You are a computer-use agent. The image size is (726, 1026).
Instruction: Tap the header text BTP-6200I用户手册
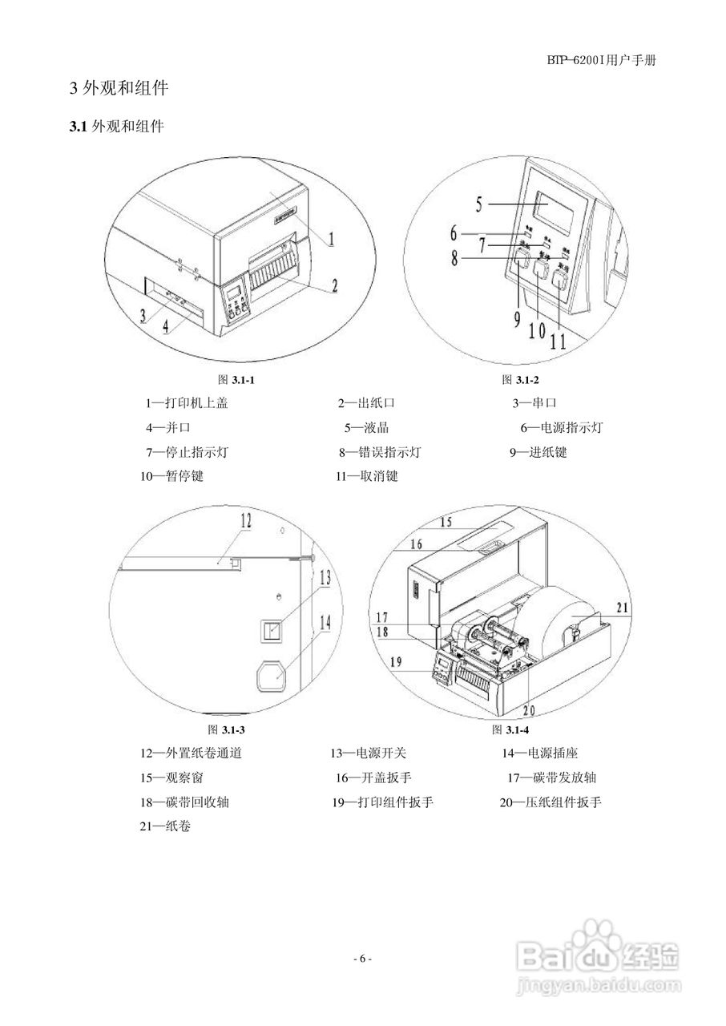click(603, 60)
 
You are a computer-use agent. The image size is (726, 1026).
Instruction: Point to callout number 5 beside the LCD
click(479, 204)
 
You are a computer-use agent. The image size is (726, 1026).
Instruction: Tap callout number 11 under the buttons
click(558, 340)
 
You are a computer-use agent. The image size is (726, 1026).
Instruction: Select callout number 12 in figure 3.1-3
click(245, 522)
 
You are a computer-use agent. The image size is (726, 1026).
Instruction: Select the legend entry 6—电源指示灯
click(561, 428)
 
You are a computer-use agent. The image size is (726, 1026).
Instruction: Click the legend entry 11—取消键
click(366, 476)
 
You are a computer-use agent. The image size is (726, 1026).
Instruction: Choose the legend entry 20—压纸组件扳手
click(550, 802)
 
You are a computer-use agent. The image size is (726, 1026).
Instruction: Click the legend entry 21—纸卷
click(165, 826)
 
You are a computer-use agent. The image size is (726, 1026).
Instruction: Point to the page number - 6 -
click(363, 959)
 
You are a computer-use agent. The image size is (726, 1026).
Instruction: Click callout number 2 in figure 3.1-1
click(335, 284)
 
